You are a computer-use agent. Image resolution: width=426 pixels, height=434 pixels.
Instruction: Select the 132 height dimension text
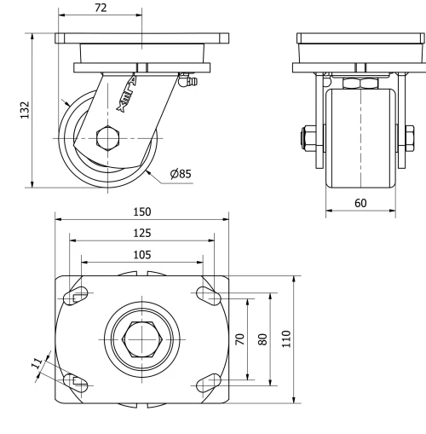point(25,109)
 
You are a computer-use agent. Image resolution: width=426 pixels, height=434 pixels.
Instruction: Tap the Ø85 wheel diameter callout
point(180,174)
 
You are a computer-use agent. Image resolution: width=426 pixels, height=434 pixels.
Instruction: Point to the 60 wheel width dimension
point(360,204)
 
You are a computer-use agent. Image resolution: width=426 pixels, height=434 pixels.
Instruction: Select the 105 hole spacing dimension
point(142,254)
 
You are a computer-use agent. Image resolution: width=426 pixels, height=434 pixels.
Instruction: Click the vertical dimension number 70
point(241,338)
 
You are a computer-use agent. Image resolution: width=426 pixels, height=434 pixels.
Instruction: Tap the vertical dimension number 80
point(262,338)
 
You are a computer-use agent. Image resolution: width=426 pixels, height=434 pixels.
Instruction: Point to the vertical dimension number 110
point(286,338)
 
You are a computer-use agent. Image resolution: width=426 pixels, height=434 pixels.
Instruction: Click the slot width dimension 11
point(37,364)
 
